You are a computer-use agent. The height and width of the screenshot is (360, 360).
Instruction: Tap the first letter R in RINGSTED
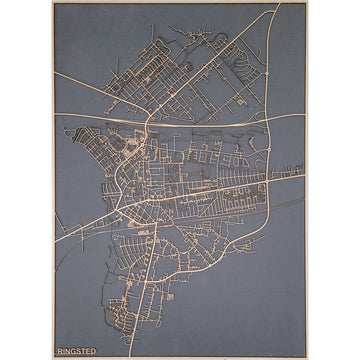pos(62,349)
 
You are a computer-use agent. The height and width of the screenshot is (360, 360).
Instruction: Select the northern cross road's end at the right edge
pos(305,114)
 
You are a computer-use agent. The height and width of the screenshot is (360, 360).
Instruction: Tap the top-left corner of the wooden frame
pos(53,3)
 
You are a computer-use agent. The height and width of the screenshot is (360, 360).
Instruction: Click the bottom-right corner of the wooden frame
pos(307,357)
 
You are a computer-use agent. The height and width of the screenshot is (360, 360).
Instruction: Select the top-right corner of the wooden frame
pos(307,3)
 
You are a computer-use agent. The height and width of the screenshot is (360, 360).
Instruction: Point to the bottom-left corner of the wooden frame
pos(53,357)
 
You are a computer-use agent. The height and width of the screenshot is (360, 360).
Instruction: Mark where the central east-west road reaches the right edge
pos(305,176)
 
